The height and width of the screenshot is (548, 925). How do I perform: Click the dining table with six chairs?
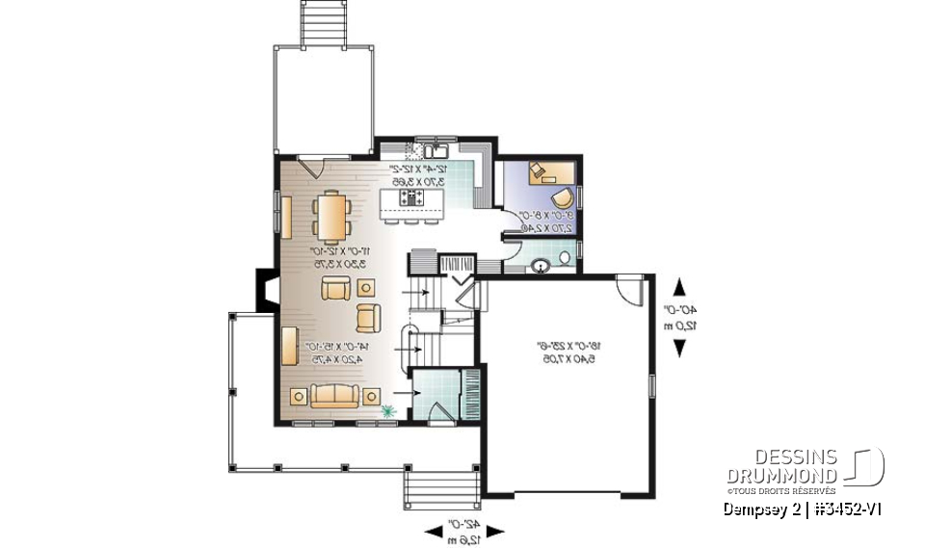click(x=331, y=217)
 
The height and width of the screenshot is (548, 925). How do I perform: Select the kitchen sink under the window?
click(x=437, y=150)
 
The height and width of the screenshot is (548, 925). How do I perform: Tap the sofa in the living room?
click(x=333, y=395)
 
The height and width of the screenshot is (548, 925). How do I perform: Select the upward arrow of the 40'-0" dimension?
click(x=679, y=286)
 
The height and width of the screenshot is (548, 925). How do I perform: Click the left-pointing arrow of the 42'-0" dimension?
click(x=432, y=531)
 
